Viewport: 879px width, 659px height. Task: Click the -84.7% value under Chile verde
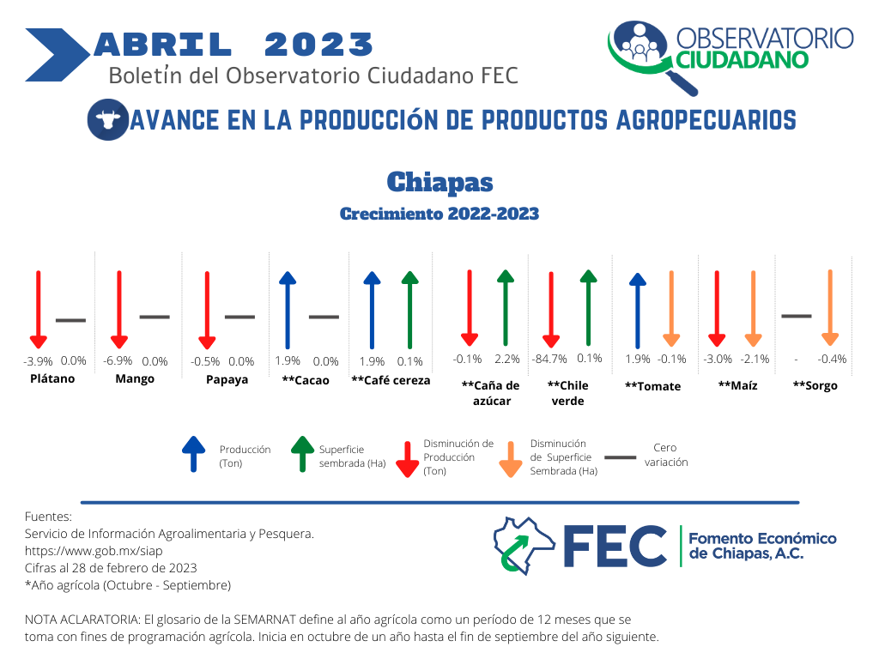549,359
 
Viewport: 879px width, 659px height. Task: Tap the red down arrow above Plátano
38,309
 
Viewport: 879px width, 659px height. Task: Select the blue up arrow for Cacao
288,310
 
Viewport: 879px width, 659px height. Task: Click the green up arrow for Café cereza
409,310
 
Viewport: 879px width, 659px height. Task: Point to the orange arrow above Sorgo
830,308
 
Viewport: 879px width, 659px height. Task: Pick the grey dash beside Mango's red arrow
155,317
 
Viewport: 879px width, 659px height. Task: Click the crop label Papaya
227,379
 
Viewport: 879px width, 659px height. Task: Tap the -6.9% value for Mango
118,361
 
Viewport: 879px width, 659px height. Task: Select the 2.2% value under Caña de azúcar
507,359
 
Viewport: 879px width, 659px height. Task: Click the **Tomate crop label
653,386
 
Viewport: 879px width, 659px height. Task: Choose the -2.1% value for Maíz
755,359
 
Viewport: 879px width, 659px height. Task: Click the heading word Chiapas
440,182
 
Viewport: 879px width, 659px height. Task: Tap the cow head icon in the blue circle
108,119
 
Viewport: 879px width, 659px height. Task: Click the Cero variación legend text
666,455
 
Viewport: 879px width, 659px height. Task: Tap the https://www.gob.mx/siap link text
94,551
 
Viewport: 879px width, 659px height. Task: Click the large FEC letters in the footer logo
615,547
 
